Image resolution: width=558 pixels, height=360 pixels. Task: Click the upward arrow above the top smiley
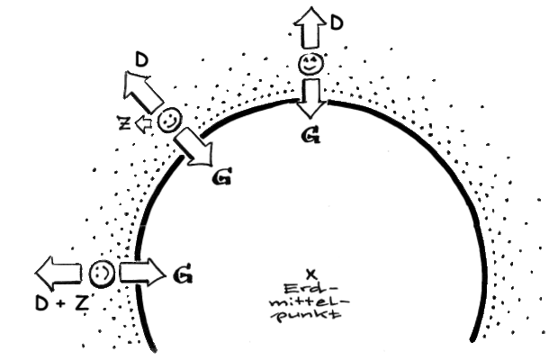[310, 28]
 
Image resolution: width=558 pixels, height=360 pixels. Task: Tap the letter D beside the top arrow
[337, 22]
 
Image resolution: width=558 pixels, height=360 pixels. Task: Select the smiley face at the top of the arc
[310, 64]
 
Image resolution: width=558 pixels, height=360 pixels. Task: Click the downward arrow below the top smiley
[311, 98]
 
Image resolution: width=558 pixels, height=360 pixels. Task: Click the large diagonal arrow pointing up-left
[142, 91]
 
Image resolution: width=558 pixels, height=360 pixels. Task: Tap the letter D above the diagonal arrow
[141, 60]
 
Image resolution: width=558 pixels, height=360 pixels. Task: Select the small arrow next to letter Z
[144, 124]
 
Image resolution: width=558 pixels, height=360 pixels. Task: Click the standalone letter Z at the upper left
[124, 123]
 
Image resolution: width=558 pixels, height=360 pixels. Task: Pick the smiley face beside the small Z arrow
[169, 121]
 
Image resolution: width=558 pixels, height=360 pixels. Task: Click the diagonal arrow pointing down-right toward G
[194, 148]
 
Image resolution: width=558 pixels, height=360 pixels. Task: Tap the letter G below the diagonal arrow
[221, 176]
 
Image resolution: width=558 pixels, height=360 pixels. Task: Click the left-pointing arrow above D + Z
[58, 274]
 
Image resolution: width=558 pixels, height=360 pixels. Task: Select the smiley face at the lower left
[102, 274]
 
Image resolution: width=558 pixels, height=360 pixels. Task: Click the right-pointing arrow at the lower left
[143, 273]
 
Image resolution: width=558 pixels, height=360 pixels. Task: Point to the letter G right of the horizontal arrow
[184, 274]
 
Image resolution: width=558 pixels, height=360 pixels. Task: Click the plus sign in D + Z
[61, 303]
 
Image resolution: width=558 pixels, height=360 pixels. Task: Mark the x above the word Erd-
[311, 274]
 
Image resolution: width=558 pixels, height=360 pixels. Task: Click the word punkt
[309, 315]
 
